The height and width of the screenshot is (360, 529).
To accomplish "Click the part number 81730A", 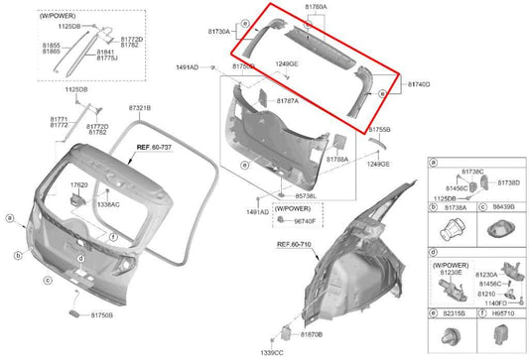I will tap(217, 32).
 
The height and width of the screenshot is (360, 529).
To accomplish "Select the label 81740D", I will tap(418, 85).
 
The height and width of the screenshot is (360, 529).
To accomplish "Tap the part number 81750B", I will tap(100, 314).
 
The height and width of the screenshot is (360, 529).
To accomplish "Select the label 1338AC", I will tap(108, 204).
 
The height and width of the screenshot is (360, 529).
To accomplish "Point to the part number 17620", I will tap(78, 185).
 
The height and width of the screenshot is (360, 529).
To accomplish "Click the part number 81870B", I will tap(309, 336).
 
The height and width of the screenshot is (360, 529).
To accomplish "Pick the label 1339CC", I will tap(271, 352).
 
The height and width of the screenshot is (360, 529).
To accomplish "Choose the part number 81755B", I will tap(379, 130).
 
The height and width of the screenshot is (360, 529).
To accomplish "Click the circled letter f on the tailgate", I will tap(114, 238).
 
